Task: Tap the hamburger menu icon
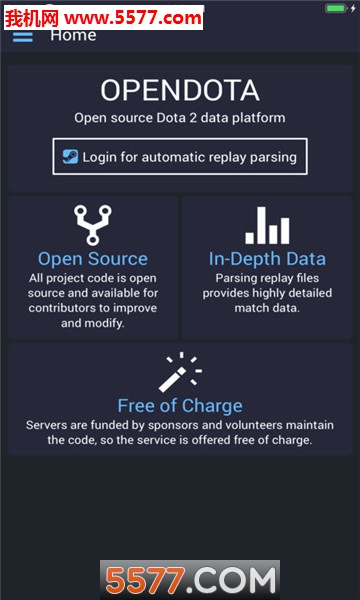point(22,36)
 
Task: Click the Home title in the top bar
point(73,35)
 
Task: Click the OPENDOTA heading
point(180,91)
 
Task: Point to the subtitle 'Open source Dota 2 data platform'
point(180,118)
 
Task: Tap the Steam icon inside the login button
point(70,157)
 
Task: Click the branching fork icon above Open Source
point(92,225)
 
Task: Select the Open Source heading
point(93,259)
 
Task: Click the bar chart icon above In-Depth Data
point(267,225)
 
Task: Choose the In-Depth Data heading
point(267,259)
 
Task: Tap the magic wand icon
point(180,372)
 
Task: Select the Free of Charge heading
point(180,405)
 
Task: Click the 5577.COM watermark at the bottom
point(190,580)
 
